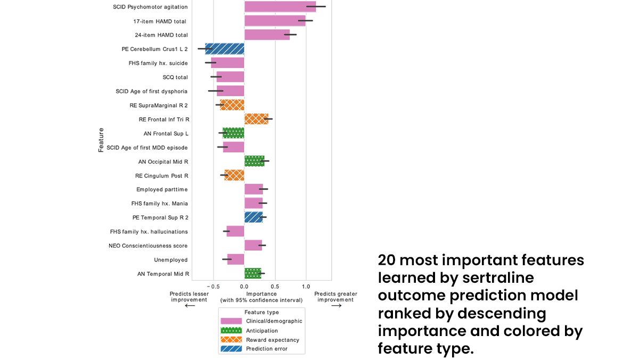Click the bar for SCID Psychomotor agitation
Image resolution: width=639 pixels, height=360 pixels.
click(280, 7)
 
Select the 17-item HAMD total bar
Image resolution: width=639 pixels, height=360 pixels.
click(275, 21)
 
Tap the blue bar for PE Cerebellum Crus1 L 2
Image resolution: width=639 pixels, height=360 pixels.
click(225, 49)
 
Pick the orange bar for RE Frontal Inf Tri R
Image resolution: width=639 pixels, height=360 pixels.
click(256, 119)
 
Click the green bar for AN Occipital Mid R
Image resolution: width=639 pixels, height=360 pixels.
click(254, 161)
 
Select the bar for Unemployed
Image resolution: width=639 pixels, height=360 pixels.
click(235, 260)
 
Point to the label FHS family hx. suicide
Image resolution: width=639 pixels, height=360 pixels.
click(158, 63)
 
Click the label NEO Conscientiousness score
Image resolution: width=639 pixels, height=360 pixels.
click(148, 246)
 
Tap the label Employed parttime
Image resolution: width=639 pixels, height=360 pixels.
click(162, 190)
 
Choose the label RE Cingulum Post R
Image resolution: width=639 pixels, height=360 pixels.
click(161, 176)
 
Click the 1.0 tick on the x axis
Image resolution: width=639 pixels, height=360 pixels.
click(306, 287)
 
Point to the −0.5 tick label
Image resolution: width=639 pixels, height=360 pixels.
click(213, 287)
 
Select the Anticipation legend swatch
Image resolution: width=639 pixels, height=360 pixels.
click(231, 331)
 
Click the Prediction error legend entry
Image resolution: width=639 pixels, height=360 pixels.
click(266, 349)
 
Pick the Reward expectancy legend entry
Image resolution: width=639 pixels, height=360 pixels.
click(272, 340)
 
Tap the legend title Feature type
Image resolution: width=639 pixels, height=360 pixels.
click(261, 313)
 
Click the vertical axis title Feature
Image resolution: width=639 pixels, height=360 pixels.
click(101, 140)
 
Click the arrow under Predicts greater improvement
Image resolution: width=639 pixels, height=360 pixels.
click(335, 306)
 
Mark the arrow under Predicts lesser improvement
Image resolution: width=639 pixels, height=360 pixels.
click(190, 306)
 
